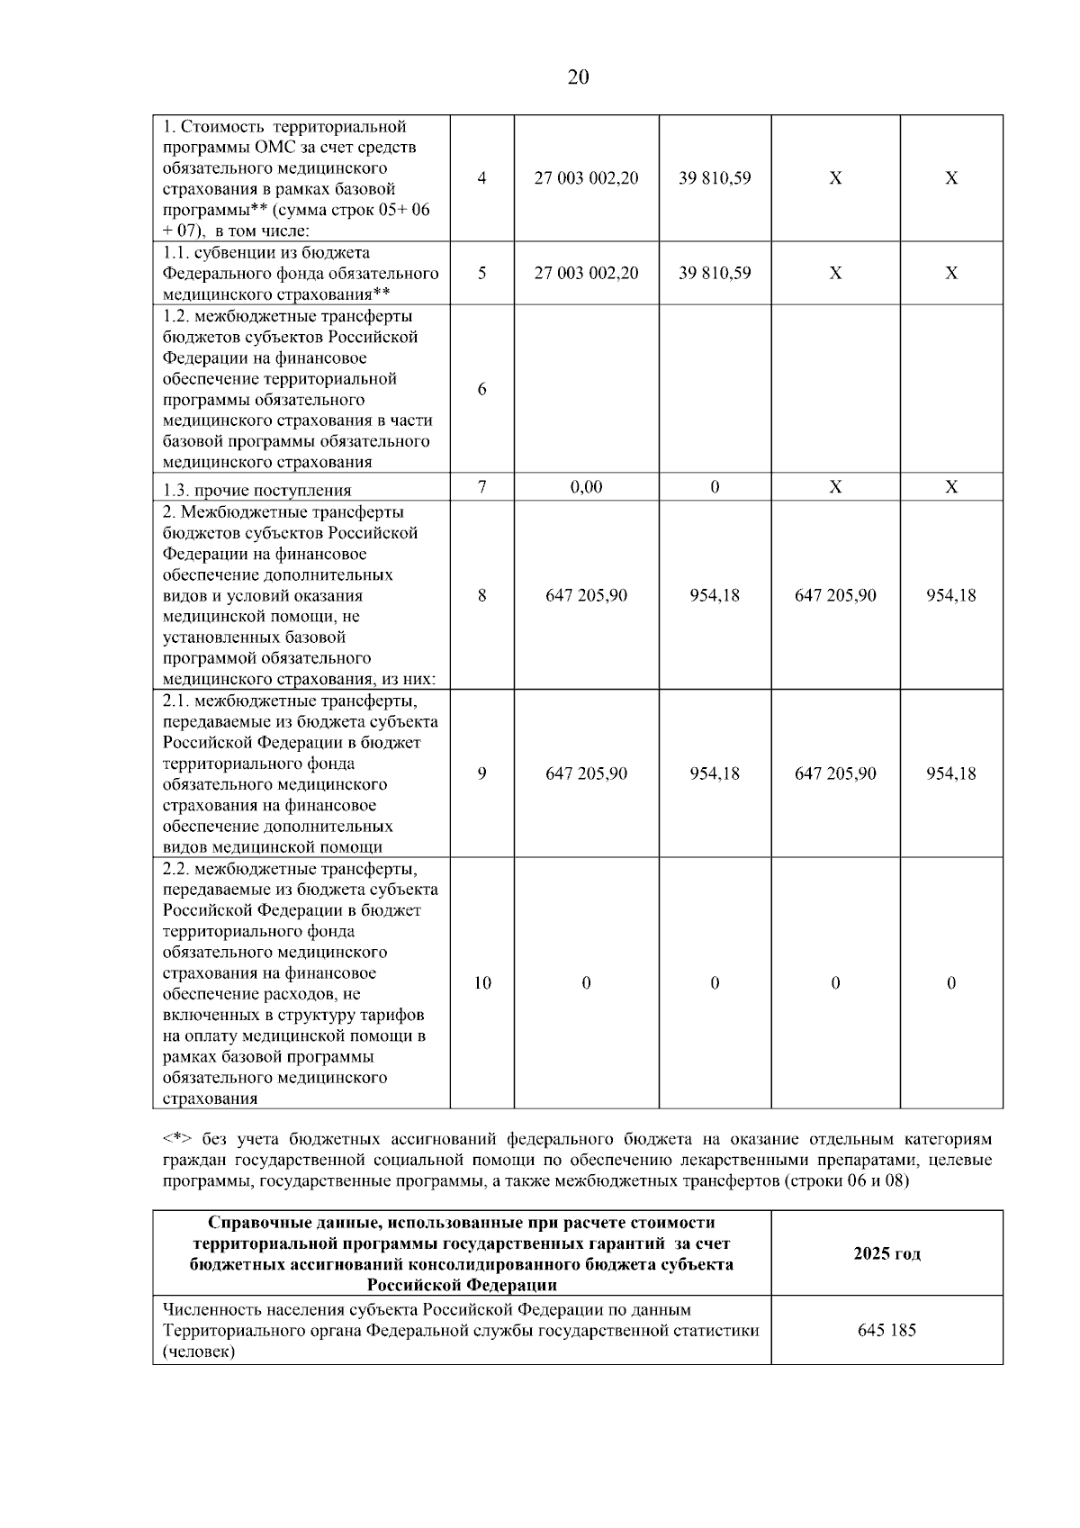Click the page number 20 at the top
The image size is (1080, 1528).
[x=578, y=77]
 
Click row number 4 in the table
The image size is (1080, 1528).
[x=482, y=178]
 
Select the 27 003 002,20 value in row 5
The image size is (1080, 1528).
[x=586, y=273]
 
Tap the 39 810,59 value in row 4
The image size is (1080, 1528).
[x=715, y=178]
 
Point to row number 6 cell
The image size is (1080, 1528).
[x=482, y=389]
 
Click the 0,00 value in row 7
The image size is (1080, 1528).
[x=586, y=487]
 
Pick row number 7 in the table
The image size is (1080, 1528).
[x=482, y=487]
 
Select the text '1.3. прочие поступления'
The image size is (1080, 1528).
[x=257, y=491]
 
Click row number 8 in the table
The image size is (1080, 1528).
[x=482, y=595]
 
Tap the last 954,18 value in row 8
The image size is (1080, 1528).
[x=951, y=595]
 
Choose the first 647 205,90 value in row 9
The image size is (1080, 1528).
[x=586, y=773]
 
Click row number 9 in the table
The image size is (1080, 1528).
[x=482, y=773]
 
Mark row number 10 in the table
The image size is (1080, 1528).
[x=482, y=983]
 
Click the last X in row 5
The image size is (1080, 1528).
[x=951, y=273]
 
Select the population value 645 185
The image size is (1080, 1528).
[x=886, y=1330]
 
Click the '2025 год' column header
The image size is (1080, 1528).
[x=886, y=1253]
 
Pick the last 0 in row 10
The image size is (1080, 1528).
[x=951, y=983]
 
